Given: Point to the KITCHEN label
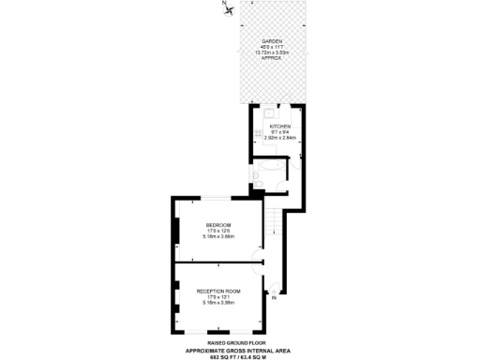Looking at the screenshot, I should click(280, 126).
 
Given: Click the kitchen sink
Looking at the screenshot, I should click(267, 110).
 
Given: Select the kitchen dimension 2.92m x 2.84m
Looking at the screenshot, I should click(280, 137).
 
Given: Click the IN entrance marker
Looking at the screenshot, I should click(273, 298).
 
